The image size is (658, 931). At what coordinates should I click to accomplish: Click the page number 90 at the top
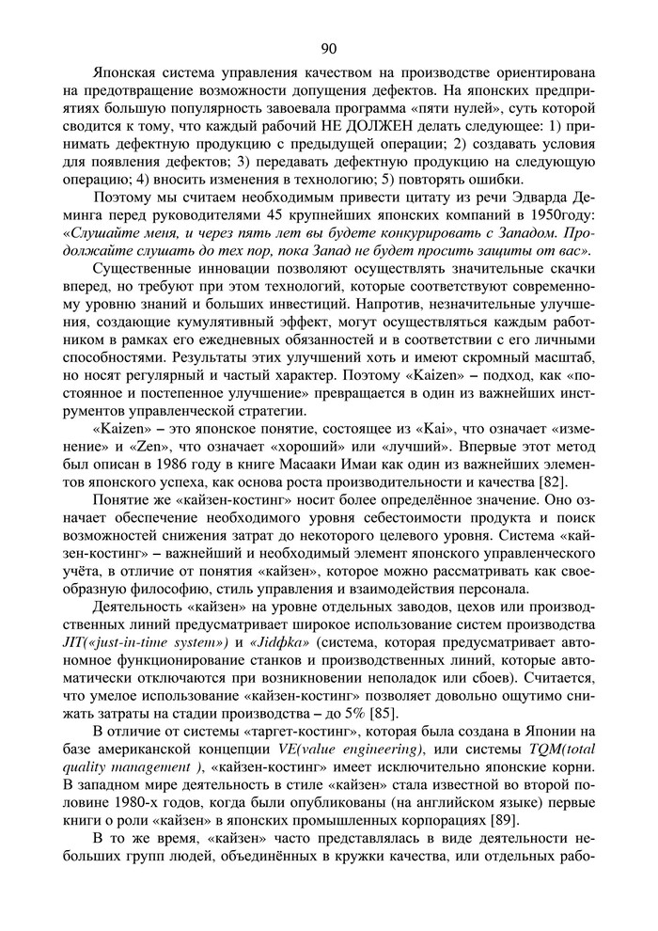click(x=328, y=49)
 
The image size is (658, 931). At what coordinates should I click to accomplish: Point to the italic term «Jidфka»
click(x=279, y=646)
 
